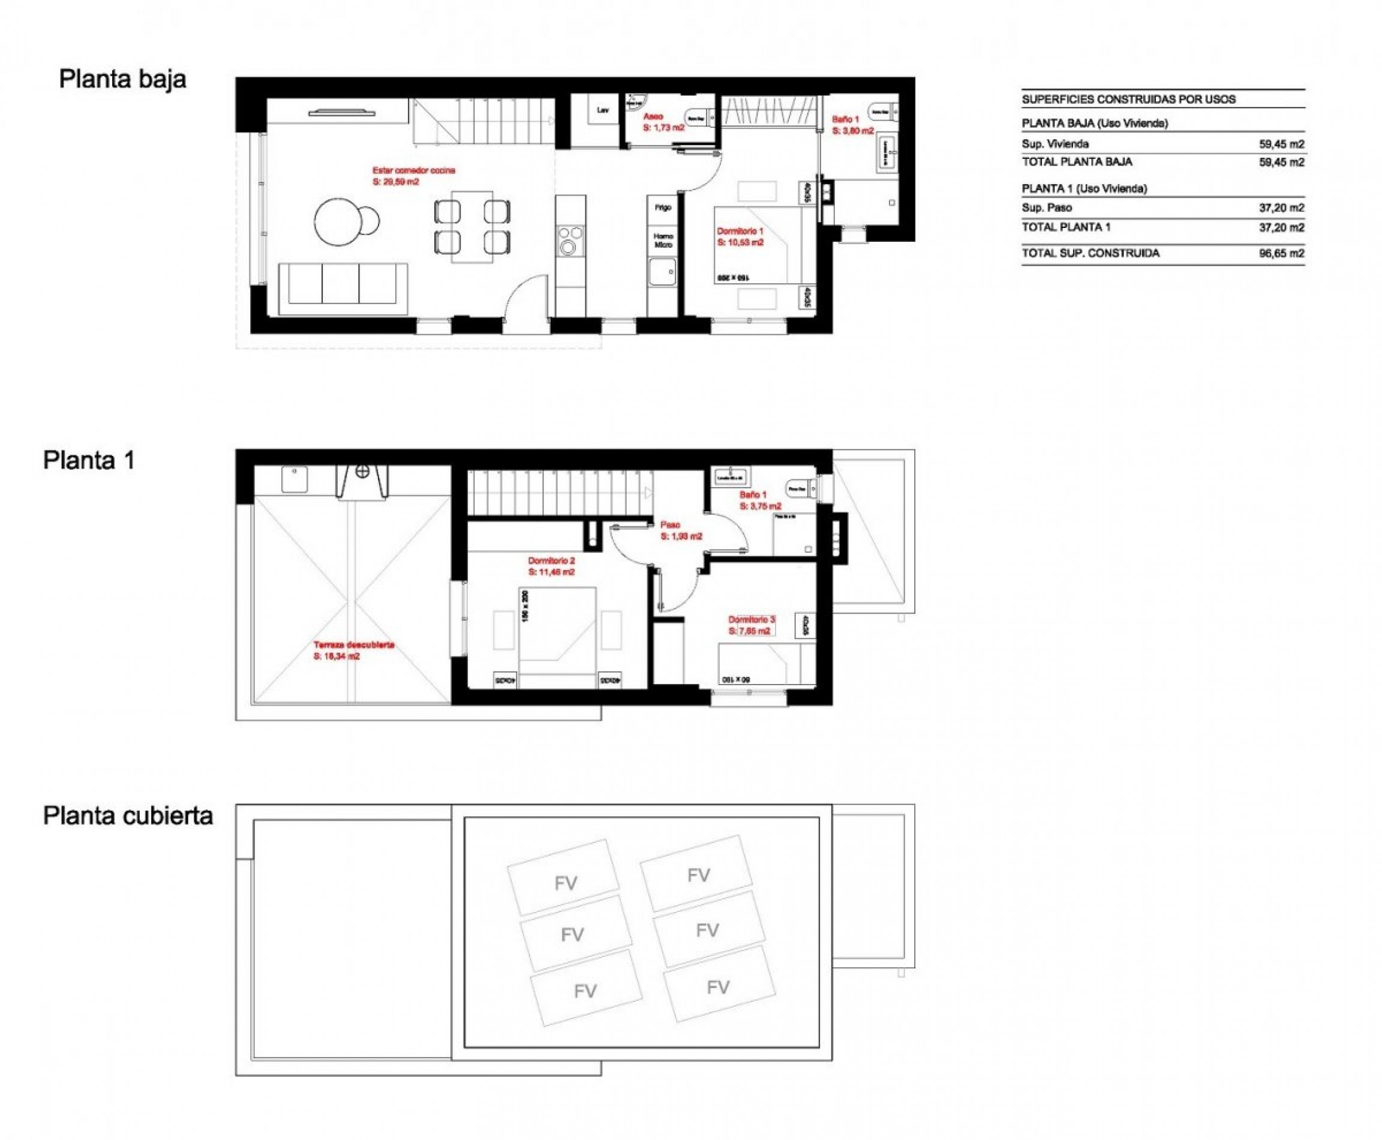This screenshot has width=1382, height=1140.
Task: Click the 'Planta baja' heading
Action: (123, 79)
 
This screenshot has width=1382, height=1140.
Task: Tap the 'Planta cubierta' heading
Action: (128, 815)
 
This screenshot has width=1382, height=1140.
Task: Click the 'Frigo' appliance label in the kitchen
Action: (662, 208)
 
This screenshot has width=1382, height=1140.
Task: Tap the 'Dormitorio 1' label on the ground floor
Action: (740, 232)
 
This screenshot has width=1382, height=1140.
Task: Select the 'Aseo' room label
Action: (653, 116)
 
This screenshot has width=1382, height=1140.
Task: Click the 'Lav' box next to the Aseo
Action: (602, 110)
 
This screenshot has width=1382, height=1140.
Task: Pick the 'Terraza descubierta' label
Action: (354, 645)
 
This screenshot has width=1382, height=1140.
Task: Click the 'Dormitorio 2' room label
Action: (551, 561)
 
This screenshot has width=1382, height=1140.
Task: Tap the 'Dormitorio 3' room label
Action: (752, 619)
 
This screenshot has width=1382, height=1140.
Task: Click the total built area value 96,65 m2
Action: (1281, 253)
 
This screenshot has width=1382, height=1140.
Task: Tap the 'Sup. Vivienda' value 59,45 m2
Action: (1281, 144)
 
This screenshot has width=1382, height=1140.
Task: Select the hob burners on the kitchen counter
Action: (569, 239)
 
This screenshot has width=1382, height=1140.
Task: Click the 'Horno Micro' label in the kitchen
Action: (663, 241)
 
